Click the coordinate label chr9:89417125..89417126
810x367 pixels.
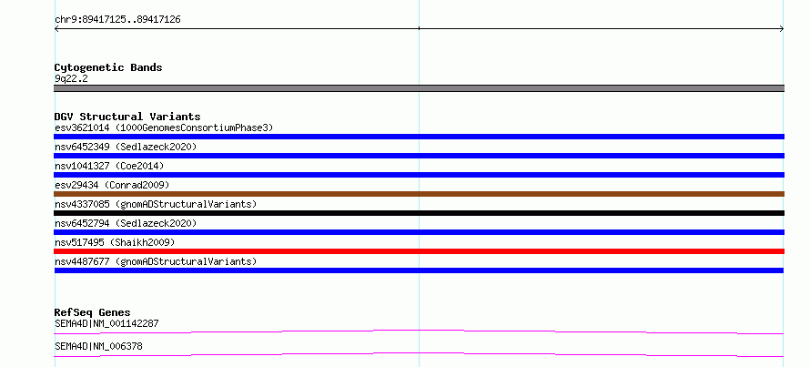pyautogui.click(x=117, y=20)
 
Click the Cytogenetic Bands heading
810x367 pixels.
pyautogui.click(x=108, y=67)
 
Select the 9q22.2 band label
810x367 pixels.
pyautogui.click(x=71, y=78)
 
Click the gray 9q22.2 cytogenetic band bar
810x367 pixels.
pyautogui.click(x=419, y=88)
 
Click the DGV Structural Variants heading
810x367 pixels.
pyautogui.click(x=127, y=117)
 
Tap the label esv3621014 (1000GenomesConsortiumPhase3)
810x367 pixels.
pyautogui.click(x=164, y=127)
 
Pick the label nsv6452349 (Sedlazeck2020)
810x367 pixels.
pyautogui.click(x=126, y=147)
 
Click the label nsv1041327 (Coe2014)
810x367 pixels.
pyautogui.click(x=109, y=166)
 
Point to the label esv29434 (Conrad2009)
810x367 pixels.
pyautogui.click(x=112, y=185)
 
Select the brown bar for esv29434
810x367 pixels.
pyautogui.click(x=419, y=194)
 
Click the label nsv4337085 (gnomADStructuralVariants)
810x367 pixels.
pyautogui.click(x=156, y=204)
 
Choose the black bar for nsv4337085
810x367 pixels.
pyautogui.click(x=419, y=213)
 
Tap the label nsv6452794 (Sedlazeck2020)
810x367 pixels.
pyautogui.click(x=126, y=223)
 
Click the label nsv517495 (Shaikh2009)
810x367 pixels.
pyautogui.click(x=115, y=242)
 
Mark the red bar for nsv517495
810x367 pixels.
pyautogui.click(x=419, y=251)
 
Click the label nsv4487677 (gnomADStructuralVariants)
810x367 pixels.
pyautogui.click(x=156, y=261)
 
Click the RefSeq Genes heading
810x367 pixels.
pyautogui.click(x=93, y=312)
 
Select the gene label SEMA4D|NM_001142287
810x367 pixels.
pyautogui.click(x=106, y=323)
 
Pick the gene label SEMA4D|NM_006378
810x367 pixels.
pyautogui.click(x=98, y=346)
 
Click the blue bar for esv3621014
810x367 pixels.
pyautogui.click(x=419, y=137)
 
